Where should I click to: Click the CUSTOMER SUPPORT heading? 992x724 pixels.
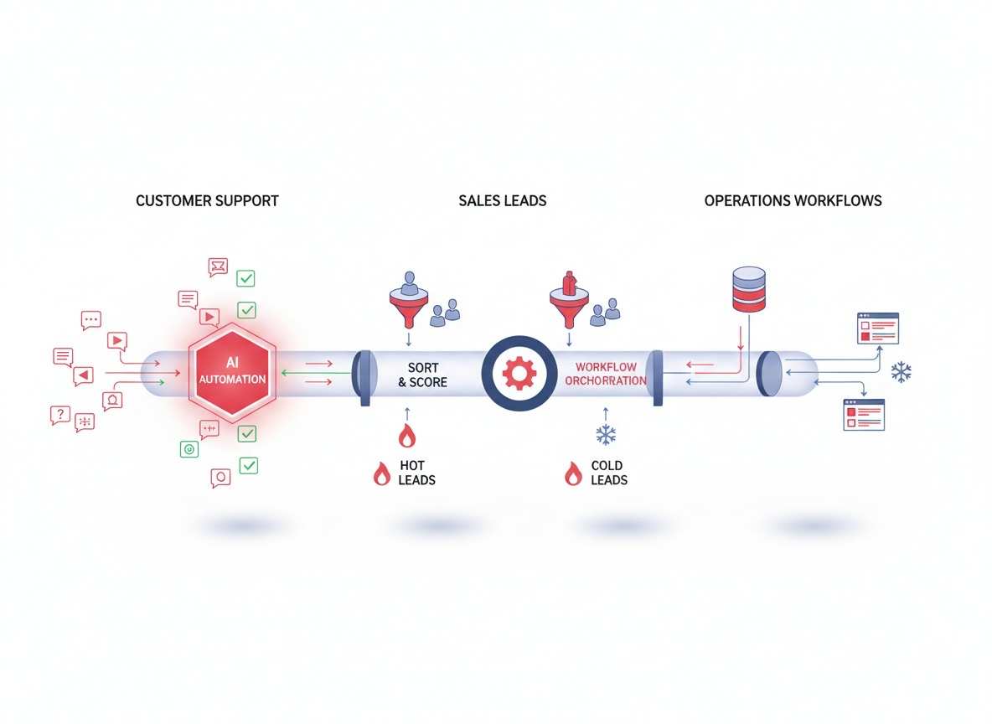click(207, 201)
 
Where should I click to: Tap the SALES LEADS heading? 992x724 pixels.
click(502, 201)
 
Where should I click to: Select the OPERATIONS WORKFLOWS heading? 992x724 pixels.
click(793, 201)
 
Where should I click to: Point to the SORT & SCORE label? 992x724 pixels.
click(422, 375)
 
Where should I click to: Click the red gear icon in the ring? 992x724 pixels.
click(519, 373)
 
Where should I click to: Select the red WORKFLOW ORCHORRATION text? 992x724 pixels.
click(606, 374)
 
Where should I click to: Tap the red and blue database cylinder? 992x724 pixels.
click(749, 289)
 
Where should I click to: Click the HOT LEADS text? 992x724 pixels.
click(416, 473)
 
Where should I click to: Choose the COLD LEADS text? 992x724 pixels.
click(608, 473)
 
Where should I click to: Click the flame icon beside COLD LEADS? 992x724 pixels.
click(573, 473)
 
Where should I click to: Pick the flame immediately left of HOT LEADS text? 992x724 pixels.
click(381, 473)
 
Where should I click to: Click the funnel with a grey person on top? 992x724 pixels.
click(409, 296)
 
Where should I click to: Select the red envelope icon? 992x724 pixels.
click(218, 267)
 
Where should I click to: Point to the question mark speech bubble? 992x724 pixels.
click(59, 415)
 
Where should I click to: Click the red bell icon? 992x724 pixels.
click(112, 400)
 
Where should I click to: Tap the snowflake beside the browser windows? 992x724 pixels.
click(902, 372)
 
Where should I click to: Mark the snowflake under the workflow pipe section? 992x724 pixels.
click(605, 434)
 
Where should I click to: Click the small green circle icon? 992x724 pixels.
click(189, 449)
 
